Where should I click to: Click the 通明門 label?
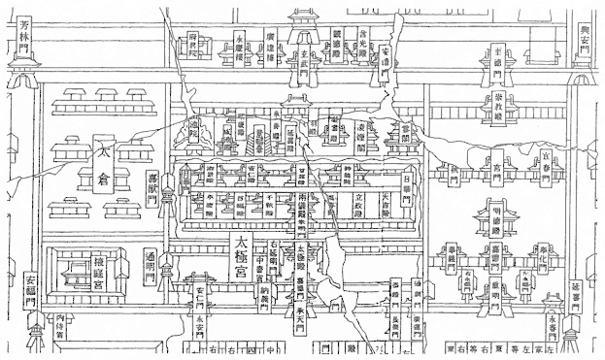(x=151, y=268)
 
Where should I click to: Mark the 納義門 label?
(x=262, y=291)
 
